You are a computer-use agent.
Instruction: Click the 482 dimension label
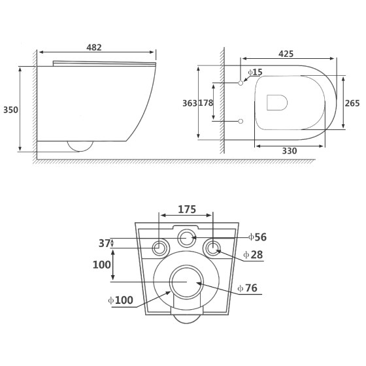94,47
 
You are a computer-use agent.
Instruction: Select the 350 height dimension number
10,110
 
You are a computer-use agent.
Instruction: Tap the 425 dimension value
286,54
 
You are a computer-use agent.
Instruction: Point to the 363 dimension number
190,103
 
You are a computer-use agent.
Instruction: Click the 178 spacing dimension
206,103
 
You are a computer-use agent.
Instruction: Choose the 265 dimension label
352,103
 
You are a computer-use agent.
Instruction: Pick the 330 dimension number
290,151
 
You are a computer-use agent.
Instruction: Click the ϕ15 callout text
255,72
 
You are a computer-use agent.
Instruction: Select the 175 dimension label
187,209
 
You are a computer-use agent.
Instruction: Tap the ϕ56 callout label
258,237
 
